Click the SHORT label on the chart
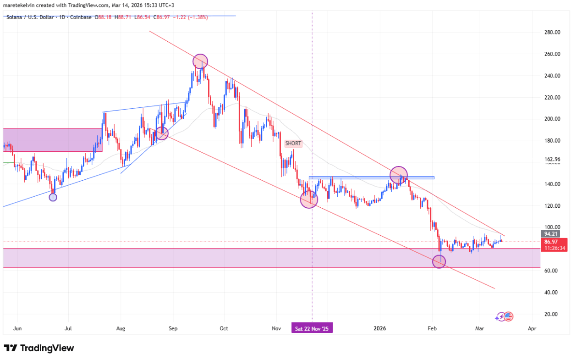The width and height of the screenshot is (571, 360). pyautogui.click(x=293, y=144)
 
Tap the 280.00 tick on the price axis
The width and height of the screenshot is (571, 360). pyautogui.click(x=552, y=33)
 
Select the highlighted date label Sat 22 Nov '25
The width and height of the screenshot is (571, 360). pyautogui.click(x=312, y=328)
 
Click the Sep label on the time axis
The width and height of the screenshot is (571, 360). pyautogui.click(x=173, y=328)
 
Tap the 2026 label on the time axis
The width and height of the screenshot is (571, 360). pyautogui.click(x=380, y=328)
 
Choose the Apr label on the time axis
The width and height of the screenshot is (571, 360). pyautogui.click(x=532, y=328)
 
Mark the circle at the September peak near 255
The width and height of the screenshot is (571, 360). pyautogui.click(x=200, y=61)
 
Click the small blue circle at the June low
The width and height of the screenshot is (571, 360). pyautogui.click(x=53, y=197)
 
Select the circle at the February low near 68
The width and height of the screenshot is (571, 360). pyautogui.click(x=439, y=262)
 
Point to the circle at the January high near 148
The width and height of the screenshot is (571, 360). pyautogui.click(x=399, y=174)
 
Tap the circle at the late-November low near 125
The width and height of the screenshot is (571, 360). pyautogui.click(x=309, y=200)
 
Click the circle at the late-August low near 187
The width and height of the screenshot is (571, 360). pyautogui.click(x=162, y=133)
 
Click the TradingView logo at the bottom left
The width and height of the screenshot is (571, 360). pyautogui.click(x=38, y=348)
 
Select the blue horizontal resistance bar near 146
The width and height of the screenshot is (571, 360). pyautogui.click(x=371, y=177)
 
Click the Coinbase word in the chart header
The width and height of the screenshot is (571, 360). pyautogui.click(x=82, y=17)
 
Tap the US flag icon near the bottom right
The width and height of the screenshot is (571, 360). pyautogui.click(x=509, y=316)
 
